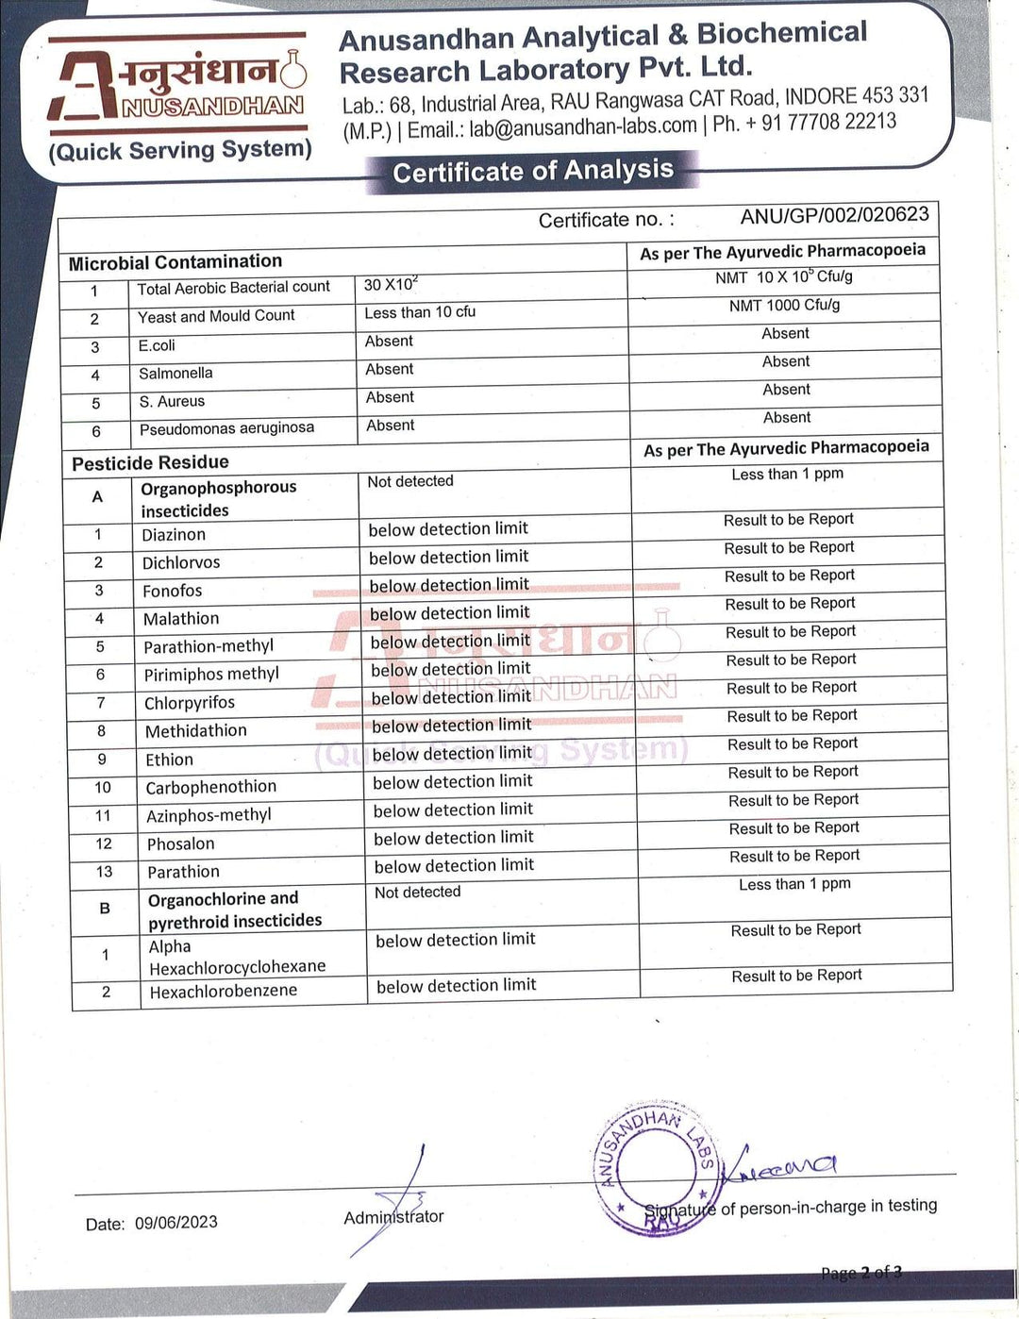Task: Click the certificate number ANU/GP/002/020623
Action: (x=834, y=215)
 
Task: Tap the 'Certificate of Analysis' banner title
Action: (x=533, y=172)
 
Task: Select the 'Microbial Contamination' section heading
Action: (x=175, y=262)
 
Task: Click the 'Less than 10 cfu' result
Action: (x=420, y=312)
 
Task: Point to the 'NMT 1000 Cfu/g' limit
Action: (x=784, y=305)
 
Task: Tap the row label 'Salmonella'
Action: (x=175, y=374)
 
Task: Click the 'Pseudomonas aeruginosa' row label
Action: (x=226, y=428)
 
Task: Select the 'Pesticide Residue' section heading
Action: (x=150, y=462)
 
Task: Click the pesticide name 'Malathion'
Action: (x=181, y=619)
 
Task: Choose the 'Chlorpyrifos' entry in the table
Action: (x=190, y=703)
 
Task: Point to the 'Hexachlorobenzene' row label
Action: (x=224, y=991)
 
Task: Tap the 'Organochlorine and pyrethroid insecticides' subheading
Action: (x=235, y=910)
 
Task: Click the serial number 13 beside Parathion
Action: (x=104, y=872)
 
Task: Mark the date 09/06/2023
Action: (x=175, y=1223)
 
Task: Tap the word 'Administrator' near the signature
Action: (x=393, y=1217)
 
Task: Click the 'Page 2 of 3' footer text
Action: (x=860, y=1273)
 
